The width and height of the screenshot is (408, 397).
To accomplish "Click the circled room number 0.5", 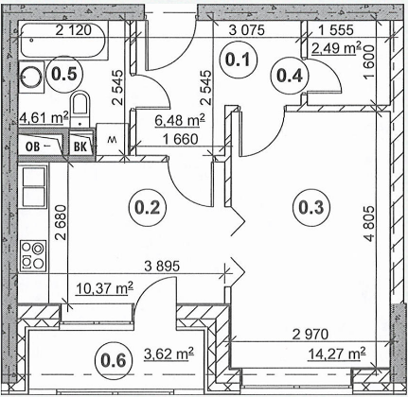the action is [64, 75].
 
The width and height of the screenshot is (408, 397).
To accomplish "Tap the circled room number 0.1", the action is [239, 60].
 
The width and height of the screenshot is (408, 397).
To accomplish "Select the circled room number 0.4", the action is [290, 76].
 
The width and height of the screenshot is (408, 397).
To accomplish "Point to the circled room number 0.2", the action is [147, 207].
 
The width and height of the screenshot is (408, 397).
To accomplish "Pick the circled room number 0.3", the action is [311, 207].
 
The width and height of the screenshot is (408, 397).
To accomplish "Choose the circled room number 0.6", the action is [114, 360].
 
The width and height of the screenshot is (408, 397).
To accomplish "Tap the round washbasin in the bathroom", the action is [31, 77].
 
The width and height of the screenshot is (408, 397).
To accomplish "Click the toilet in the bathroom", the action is [80, 109].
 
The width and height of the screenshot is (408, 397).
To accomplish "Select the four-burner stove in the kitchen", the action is [33, 256].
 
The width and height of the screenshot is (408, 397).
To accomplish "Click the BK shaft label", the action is [80, 147].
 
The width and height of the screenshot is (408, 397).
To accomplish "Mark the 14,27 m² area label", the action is [336, 354].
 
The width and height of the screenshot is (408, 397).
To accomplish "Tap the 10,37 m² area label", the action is [104, 288].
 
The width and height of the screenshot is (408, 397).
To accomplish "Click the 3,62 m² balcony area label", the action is [169, 354].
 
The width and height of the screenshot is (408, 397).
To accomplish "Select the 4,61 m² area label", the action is [44, 118].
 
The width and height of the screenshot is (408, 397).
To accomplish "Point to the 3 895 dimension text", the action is [162, 267].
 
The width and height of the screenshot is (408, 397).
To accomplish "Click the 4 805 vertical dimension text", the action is [369, 224].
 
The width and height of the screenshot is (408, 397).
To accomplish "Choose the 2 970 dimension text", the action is [310, 334].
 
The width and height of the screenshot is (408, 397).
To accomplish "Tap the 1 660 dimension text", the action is [180, 139].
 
